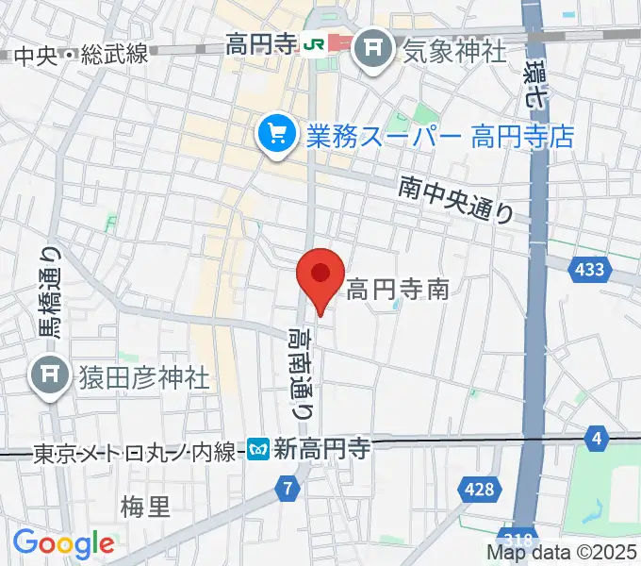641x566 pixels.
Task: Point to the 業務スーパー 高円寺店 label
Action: [439, 137]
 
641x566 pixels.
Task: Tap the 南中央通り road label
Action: [455, 200]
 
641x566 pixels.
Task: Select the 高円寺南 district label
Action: [397, 289]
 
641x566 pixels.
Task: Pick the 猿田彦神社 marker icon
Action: [48, 378]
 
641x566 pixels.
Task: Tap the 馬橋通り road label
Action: [49, 291]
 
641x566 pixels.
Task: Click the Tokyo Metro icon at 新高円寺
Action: [260, 450]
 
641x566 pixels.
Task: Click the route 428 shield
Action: [479, 489]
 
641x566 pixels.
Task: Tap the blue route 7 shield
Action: [289, 489]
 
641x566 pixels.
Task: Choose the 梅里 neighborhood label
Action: [146, 508]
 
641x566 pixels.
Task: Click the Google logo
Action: [63, 542]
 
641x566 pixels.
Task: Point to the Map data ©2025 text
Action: [562, 553]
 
